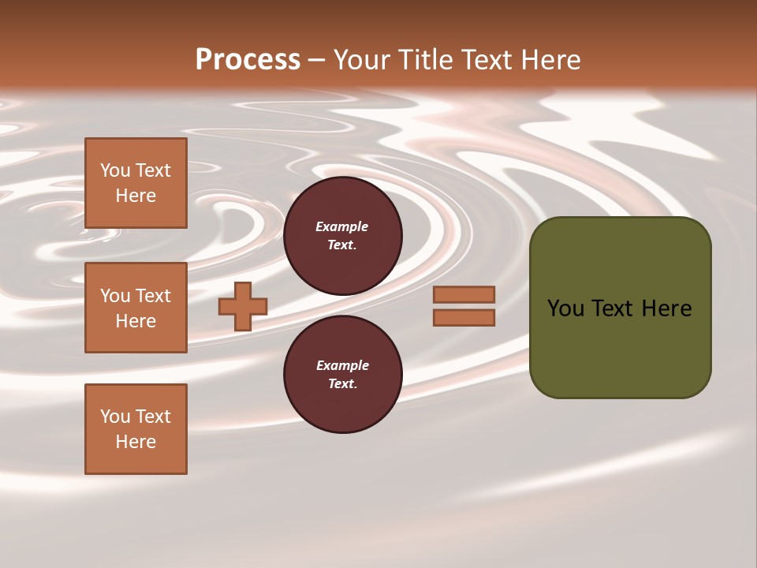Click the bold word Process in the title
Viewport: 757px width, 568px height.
click(x=248, y=60)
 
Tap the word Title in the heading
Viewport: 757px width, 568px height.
click(x=424, y=60)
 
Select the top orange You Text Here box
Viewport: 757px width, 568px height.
click(x=136, y=183)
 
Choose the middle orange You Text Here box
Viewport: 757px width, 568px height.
click(x=136, y=308)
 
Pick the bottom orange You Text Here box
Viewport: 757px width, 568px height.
click(x=136, y=429)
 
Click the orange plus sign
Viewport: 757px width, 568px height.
click(x=243, y=306)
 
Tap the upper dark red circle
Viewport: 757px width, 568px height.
click(x=342, y=236)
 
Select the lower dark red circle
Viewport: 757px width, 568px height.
click(x=342, y=375)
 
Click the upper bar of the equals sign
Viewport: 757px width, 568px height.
click(x=464, y=295)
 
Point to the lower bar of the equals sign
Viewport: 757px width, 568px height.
click(x=464, y=317)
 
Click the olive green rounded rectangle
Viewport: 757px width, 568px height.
click(x=620, y=347)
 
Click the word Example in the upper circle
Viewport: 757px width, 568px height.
click(x=342, y=226)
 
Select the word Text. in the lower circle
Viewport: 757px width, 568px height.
click(x=342, y=384)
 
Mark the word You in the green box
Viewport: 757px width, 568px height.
click(x=565, y=308)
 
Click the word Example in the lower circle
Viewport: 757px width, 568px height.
click(x=342, y=365)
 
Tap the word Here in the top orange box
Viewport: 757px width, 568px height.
click(x=136, y=196)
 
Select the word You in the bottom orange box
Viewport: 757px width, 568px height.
click(x=115, y=417)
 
